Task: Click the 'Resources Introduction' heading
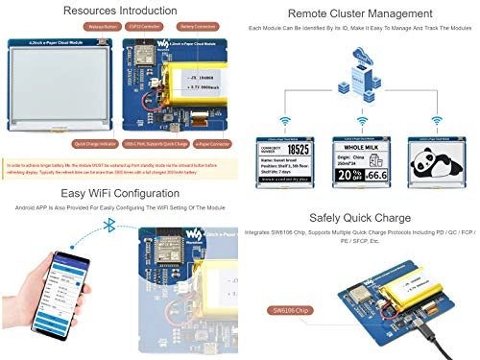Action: pyautogui.click(x=120, y=12)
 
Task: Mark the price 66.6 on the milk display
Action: pyautogui.click(x=375, y=175)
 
